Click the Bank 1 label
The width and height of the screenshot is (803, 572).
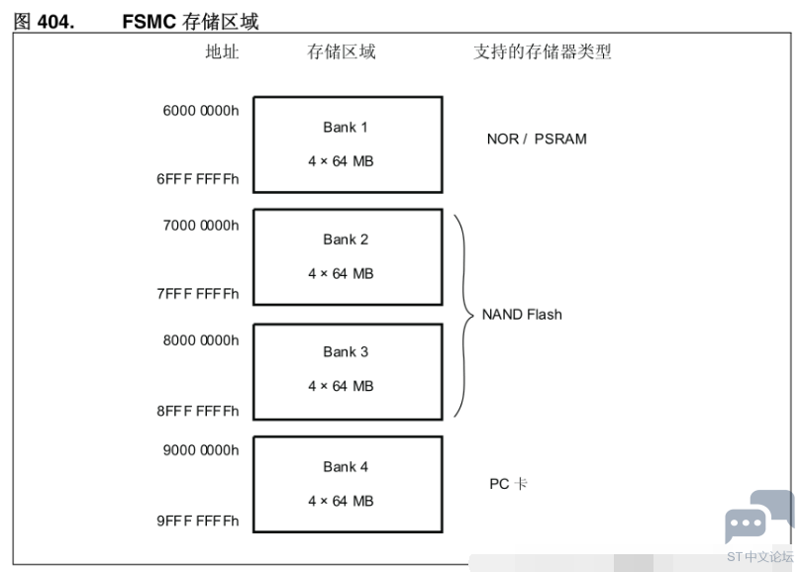[346, 127]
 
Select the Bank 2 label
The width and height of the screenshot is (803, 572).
[346, 239]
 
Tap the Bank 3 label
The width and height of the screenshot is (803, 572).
[346, 352]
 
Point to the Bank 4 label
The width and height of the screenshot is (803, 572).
[346, 466]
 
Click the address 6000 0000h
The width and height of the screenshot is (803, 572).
[201, 111]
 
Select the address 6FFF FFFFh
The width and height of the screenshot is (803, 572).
[198, 179]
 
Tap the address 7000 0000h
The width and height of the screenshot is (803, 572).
[201, 225]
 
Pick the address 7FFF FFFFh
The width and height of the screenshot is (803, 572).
[198, 294]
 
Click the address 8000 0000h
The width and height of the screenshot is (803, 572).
[201, 340]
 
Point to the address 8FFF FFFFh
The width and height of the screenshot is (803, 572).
[198, 411]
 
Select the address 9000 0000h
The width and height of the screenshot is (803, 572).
[201, 450]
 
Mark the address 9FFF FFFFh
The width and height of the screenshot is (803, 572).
[198, 521]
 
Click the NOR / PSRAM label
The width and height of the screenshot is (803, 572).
[537, 140]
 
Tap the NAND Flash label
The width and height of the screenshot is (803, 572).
[522, 314]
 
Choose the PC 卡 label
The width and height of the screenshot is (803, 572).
[508, 484]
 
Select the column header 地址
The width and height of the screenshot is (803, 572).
[222, 51]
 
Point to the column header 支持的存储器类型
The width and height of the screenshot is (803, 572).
[543, 51]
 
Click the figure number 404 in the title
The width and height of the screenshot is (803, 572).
[55, 22]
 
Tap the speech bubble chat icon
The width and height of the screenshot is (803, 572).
[759, 517]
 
